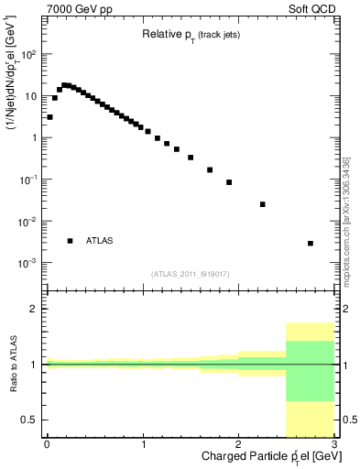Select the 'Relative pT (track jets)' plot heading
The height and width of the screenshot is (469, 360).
(191, 36)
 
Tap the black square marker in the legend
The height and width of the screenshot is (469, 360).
(71, 241)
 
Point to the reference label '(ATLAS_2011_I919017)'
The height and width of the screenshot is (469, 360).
(191, 273)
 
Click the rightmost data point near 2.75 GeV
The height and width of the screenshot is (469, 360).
(311, 244)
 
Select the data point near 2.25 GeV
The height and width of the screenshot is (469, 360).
(263, 204)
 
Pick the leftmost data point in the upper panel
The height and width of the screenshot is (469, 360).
(49, 117)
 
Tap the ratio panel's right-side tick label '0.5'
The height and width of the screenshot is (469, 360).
(348, 420)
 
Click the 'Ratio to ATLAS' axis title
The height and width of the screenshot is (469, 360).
(12, 365)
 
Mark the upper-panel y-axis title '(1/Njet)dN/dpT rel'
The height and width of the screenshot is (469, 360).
(13, 82)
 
